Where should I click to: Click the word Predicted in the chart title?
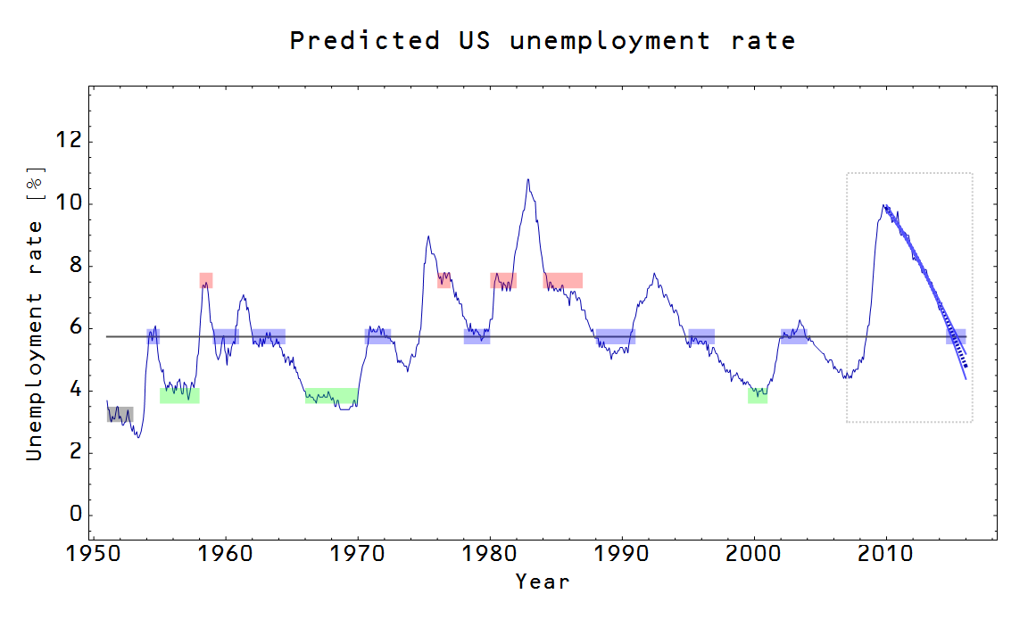364,41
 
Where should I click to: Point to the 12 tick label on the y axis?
67,141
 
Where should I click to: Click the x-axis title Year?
542,582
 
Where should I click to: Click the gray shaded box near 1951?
120,414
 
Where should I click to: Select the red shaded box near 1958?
206,280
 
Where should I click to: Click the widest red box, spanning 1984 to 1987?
562,280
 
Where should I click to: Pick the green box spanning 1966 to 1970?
331,396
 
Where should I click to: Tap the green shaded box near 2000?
758,396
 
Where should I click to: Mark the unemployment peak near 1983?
528,179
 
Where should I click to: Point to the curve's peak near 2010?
883,205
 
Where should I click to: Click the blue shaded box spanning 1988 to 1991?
616,336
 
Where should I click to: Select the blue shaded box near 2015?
956,336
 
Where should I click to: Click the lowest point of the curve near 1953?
138,437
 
